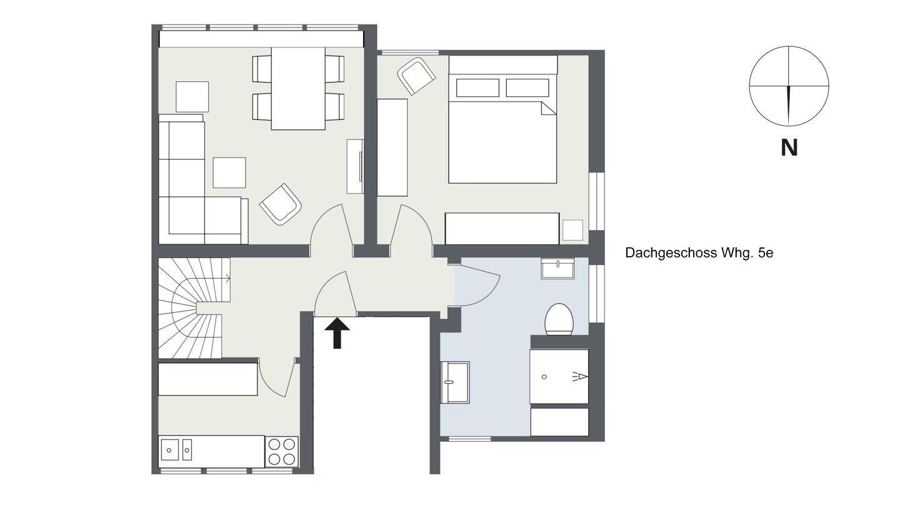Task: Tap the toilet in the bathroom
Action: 559,320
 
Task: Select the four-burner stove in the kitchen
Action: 282,452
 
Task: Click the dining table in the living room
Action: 298,89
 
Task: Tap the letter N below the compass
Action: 789,148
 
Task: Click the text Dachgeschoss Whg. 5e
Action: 699,253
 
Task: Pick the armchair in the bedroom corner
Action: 417,76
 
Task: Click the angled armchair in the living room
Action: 281,204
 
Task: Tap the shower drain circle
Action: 544,377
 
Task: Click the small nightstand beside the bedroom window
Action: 572,231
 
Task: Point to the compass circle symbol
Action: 789,86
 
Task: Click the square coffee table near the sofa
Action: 229,172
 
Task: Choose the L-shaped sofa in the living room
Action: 203,179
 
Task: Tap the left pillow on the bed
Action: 477,88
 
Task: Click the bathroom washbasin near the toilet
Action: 557,268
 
